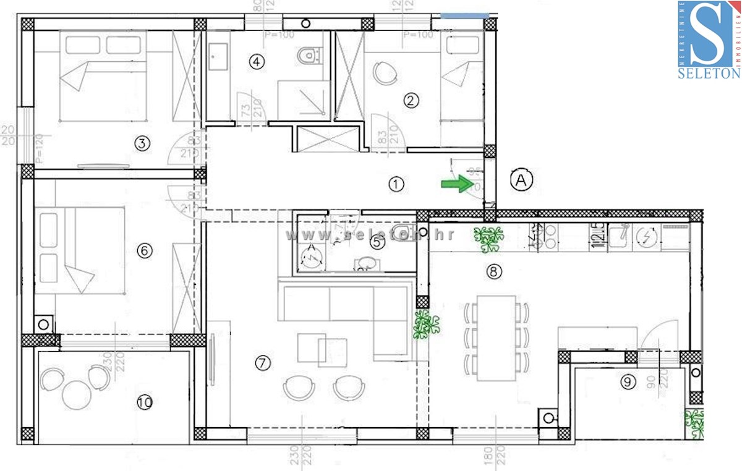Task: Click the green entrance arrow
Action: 455,184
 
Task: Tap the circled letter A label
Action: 521,180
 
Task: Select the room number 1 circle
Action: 396,184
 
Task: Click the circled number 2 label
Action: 411,100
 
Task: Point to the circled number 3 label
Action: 142,144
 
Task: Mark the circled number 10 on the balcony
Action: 144,403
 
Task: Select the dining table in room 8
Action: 496,337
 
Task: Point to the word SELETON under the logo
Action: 709,73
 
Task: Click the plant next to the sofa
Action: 425,324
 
